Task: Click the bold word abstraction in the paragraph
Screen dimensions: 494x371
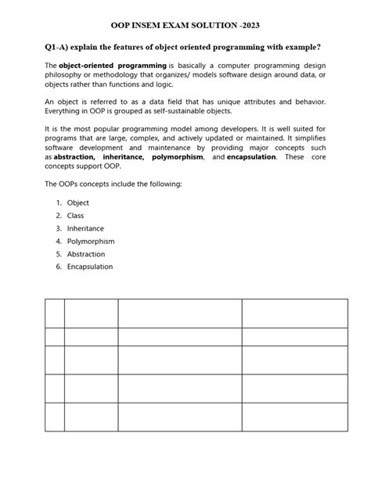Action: point(77,157)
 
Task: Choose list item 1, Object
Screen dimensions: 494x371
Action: point(78,203)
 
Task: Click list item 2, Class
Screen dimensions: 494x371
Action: point(75,216)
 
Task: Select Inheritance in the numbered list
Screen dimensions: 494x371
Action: point(85,228)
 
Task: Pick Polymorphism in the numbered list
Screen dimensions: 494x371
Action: point(91,242)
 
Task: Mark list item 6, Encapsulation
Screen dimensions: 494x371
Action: point(90,267)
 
